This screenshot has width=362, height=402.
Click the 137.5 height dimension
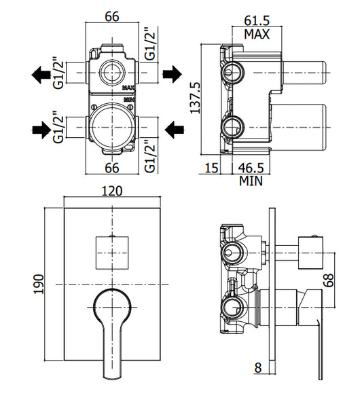point(195,98)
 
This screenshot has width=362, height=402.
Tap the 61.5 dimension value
point(257,21)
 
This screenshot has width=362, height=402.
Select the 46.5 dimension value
point(251,168)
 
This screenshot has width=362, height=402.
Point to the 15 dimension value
point(211,168)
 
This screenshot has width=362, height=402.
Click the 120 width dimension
point(112,191)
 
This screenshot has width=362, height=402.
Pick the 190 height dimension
point(39,284)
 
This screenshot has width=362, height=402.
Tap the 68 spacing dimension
point(329,280)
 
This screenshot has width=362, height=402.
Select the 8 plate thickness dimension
point(258,367)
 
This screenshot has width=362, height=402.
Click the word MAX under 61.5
point(257,34)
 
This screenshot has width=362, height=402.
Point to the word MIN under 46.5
point(251,181)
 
